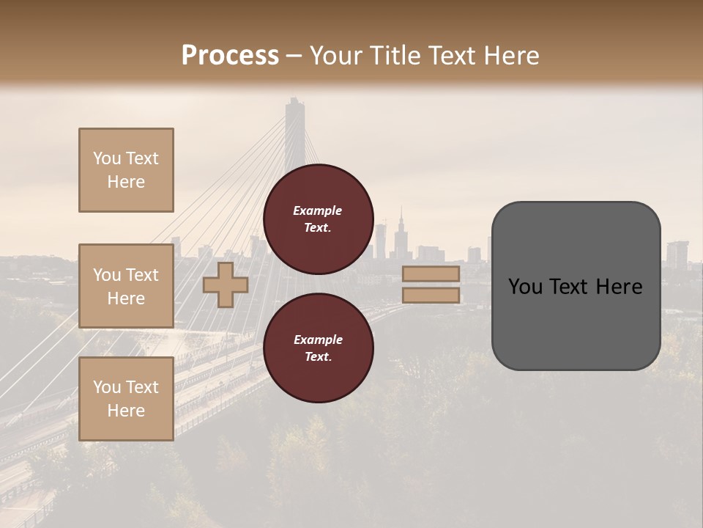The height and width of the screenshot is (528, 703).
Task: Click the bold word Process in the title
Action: [230, 55]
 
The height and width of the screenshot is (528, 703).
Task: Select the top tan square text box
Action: [126, 170]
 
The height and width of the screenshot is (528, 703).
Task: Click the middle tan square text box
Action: [126, 286]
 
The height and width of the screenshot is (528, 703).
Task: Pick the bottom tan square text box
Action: [126, 399]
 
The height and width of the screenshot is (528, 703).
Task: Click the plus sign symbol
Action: [226, 285]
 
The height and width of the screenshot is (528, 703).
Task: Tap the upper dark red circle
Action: [319, 219]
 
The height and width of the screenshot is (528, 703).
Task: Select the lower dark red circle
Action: [319, 348]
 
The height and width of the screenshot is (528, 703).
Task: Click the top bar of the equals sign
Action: [431, 274]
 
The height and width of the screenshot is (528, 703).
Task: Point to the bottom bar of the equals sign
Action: [431, 295]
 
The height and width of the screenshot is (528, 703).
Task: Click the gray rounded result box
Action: [576, 286]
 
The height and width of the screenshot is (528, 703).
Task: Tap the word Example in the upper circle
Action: [318, 210]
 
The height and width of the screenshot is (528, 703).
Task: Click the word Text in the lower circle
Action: [317, 356]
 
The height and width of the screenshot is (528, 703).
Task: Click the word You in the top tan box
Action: [106, 158]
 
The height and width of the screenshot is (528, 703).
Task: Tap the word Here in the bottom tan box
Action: [126, 411]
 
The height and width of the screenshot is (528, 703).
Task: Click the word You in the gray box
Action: [524, 287]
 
